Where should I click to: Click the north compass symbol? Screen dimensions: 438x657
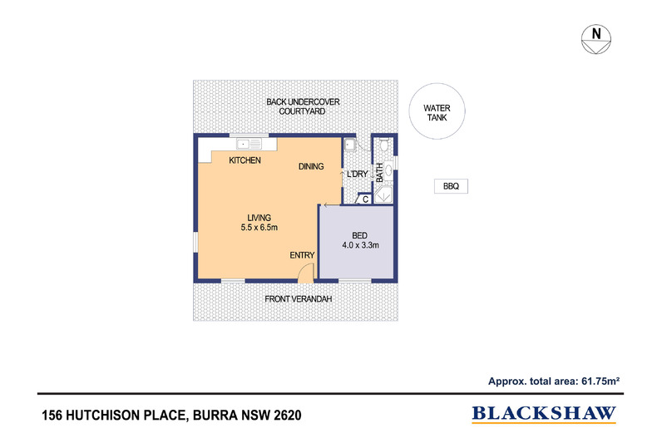pos(596,38)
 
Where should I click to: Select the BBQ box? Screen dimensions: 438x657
pos(451,187)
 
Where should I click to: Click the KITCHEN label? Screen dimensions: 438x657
pos(245,160)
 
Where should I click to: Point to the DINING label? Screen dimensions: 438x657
pos(311,167)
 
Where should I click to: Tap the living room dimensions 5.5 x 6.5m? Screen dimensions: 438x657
pos(258,228)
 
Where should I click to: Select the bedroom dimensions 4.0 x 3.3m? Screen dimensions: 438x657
pos(360,245)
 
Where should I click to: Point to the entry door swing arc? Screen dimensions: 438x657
pos(306,272)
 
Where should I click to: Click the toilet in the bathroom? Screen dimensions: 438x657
pos(383,146)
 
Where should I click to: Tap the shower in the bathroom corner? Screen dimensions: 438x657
pos(383,196)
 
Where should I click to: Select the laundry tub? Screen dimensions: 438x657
pos(351,146)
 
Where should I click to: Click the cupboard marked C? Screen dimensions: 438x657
pos(364,199)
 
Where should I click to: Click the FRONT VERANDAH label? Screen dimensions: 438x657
pos(299,298)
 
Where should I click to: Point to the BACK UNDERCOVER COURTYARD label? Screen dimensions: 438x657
pos(303,106)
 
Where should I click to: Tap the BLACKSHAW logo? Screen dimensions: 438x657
pos(544,412)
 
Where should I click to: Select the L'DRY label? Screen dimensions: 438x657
pos(358,174)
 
